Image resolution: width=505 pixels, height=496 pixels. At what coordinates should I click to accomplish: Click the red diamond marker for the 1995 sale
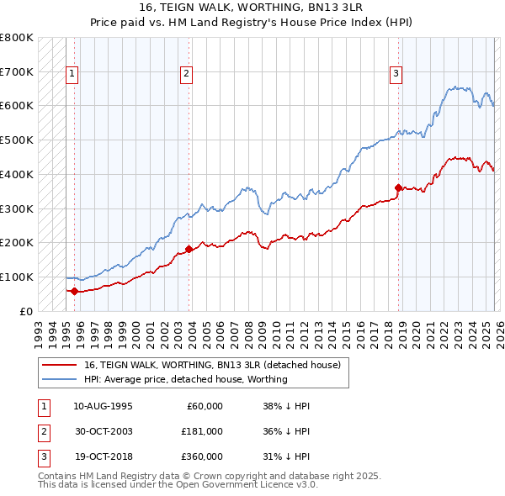pos(74,291)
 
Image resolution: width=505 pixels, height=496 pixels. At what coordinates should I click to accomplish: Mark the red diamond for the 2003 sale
pos(189,249)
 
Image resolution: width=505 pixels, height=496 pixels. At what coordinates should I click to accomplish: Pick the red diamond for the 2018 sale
pos(398,187)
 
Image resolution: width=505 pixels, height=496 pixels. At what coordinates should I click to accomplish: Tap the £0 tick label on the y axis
pos(26,311)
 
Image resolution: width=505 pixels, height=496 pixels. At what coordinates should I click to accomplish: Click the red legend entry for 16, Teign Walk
pos(211,365)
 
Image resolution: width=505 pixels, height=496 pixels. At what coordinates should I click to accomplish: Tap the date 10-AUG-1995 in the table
pos(103,406)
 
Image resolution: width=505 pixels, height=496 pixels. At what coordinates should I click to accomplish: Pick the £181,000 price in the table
pos(201,431)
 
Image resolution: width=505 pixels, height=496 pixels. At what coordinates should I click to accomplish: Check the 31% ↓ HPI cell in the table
pos(286,456)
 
